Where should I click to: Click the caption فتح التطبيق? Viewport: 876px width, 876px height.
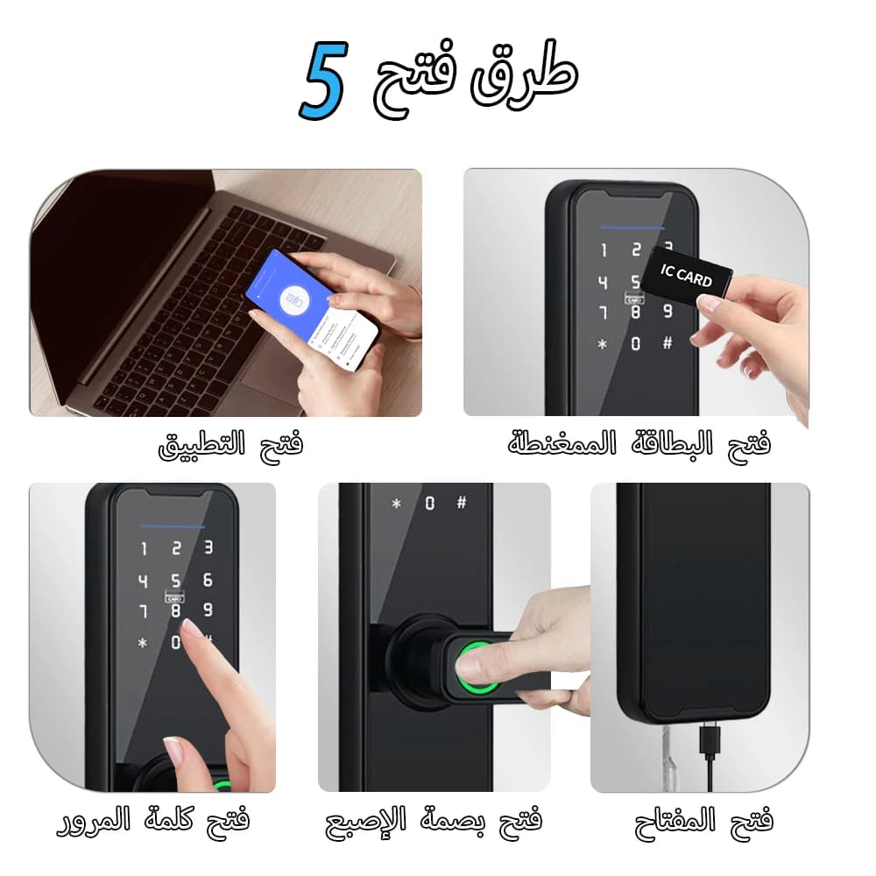click(x=230, y=445)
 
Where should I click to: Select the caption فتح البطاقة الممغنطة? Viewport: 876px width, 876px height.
click(x=639, y=443)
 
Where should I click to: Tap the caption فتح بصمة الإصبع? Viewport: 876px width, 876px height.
click(x=434, y=821)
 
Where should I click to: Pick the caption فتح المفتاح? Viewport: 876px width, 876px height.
click(x=703, y=821)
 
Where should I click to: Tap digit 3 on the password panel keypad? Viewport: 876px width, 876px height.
click(x=208, y=548)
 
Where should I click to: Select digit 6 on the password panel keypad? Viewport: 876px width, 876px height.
click(x=208, y=580)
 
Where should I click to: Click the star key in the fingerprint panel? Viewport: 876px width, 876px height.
click(x=396, y=504)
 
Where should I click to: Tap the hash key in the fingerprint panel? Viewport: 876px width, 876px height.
click(x=461, y=503)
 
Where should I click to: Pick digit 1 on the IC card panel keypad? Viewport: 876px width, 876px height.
click(x=603, y=251)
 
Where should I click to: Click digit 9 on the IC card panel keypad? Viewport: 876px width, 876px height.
click(x=668, y=311)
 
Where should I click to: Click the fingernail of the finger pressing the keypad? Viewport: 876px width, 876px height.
click(x=189, y=628)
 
